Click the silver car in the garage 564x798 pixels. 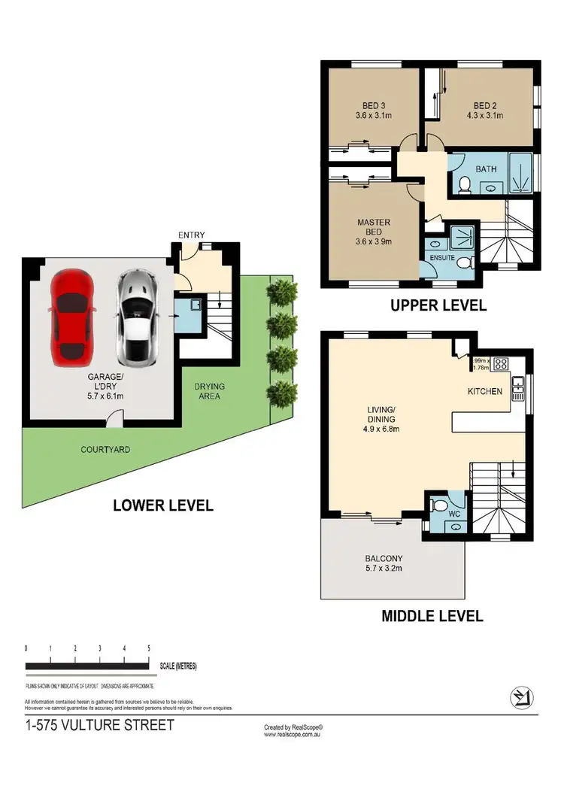coord(136,315)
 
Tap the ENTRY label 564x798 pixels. coord(191,235)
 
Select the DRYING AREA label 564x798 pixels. coord(209,391)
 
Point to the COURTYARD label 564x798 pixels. coord(105,450)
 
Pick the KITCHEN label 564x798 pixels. coord(484,391)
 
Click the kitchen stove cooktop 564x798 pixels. coord(501,366)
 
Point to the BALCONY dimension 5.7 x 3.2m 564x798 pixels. coord(384,569)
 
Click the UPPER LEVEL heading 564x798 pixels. coord(438,305)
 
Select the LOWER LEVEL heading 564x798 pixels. coord(162,505)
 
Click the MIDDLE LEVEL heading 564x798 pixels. coord(432,616)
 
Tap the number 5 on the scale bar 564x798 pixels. coord(149,648)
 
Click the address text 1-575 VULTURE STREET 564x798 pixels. coord(99,726)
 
